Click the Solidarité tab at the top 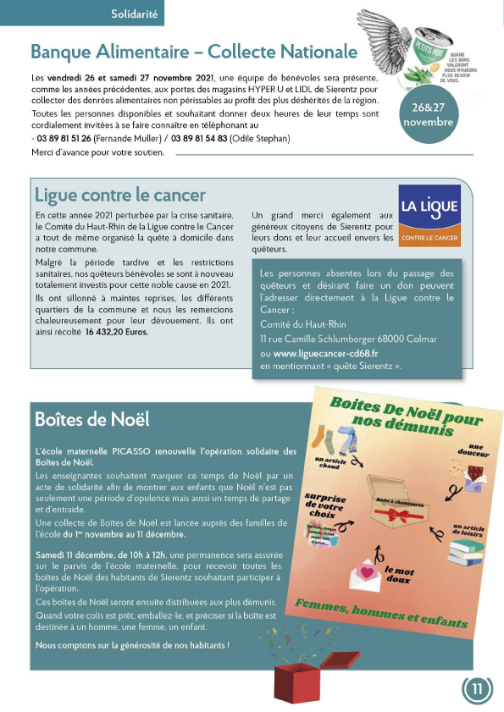pos(135,13)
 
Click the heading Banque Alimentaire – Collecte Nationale pos(194,52)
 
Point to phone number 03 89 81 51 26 pos(64,139)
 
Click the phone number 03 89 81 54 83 pos(199,139)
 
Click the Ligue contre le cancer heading pos(119,196)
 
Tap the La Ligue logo pos(429,216)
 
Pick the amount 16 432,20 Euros pos(115,332)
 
